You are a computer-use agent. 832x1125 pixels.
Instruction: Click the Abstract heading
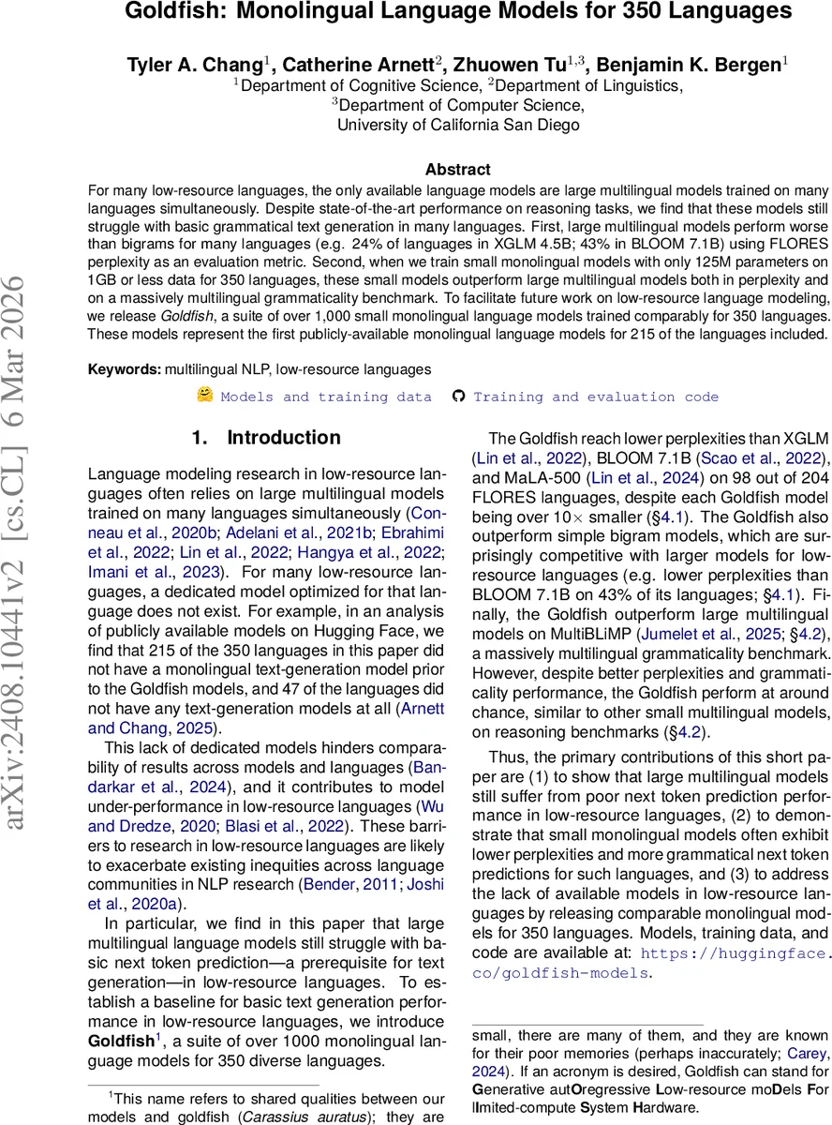tap(457, 170)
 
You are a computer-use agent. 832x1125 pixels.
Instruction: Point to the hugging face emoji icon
tap(204, 395)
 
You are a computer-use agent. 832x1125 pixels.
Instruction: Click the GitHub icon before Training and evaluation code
tap(458, 396)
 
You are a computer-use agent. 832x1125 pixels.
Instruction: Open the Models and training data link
tap(326, 397)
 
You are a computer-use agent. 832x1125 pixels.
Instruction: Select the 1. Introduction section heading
tap(266, 438)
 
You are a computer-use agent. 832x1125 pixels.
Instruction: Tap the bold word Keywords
tap(124, 369)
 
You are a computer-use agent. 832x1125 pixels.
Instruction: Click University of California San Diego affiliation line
tap(457, 125)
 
